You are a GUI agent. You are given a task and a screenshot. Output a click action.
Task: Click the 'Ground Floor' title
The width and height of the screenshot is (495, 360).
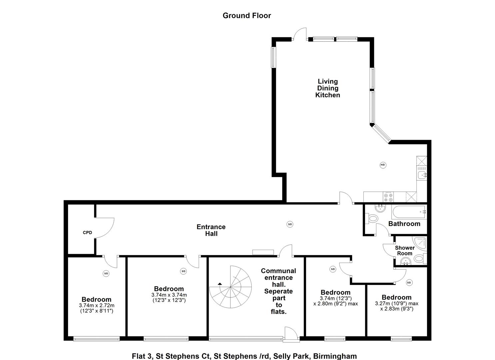coord(247,16)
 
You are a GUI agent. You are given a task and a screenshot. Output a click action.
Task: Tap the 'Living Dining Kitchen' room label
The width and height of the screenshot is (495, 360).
coord(328,88)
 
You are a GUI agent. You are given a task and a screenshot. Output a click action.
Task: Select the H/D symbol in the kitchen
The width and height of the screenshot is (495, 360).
coord(383,165)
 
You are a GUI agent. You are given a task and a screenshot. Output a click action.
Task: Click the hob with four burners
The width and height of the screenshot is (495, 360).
coord(388,197)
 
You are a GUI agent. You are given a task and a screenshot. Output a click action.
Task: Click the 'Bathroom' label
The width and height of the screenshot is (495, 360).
coord(404,224)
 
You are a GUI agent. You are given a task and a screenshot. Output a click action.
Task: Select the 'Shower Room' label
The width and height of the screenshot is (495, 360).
coord(405,251)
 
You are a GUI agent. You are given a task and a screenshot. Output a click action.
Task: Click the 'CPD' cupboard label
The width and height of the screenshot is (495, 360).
coord(87,233)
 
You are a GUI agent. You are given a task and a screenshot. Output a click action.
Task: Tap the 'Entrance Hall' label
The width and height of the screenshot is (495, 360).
coord(211,230)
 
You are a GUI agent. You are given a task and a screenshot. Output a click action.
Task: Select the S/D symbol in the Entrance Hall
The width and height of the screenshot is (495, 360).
coord(290,224)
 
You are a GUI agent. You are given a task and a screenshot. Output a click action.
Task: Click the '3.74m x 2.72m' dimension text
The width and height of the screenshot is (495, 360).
coord(97,306)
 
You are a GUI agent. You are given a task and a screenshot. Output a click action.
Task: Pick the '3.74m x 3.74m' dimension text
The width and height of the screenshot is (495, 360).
coord(169,295)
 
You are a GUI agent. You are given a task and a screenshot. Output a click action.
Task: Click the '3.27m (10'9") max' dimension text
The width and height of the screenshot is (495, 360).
coord(397,304)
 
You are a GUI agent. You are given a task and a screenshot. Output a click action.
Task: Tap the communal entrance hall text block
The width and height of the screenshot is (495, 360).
coord(279,291)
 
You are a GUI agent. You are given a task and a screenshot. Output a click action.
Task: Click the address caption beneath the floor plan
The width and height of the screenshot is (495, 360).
coord(244,356)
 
